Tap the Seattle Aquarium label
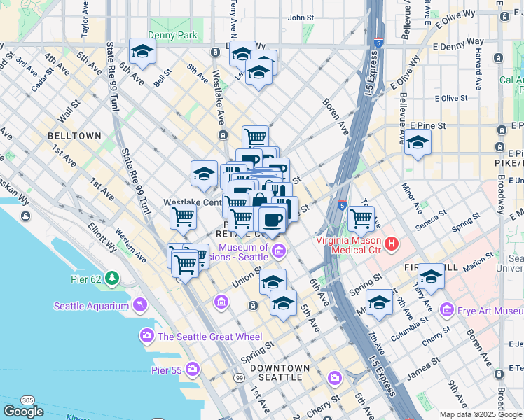92,306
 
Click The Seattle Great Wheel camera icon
146,337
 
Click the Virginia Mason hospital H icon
392,244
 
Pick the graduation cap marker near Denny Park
142,51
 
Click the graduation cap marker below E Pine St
418,142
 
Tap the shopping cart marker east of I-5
361,218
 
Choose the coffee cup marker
272,220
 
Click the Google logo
23,412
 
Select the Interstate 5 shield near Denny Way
378,43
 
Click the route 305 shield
28,400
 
